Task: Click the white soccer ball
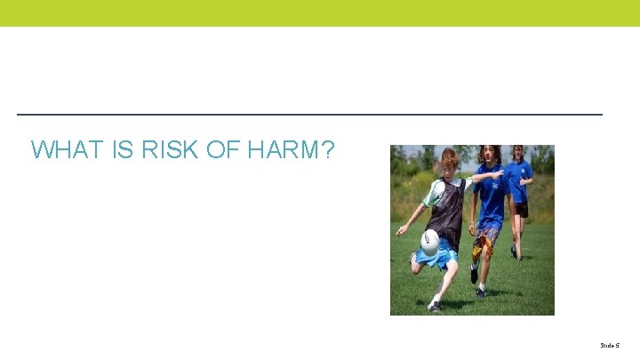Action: [430, 241]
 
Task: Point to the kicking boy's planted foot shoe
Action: [435, 305]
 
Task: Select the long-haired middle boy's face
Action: [489, 156]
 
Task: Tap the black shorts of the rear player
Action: [521, 209]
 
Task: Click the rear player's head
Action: [517, 152]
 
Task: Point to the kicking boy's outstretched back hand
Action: [400, 229]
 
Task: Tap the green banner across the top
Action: [320, 12]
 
